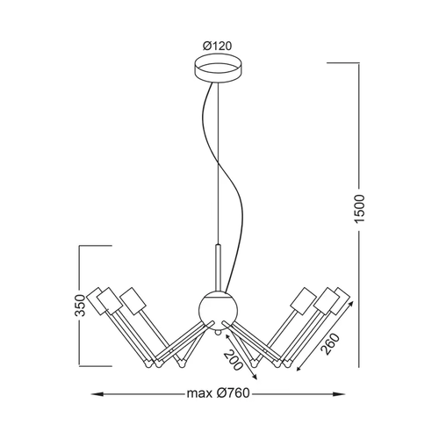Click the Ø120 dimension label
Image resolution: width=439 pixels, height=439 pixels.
tap(217, 46)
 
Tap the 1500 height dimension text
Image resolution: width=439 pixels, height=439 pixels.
tap(360, 209)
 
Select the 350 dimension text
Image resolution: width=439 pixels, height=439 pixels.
tap(80, 306)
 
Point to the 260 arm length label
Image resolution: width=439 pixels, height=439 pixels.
tap(331, 344)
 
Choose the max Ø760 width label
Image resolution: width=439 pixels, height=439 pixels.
tap(219, 393)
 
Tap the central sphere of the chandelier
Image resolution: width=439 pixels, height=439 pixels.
tap(218, 310)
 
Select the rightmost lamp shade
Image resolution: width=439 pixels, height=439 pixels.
tap(342, 301)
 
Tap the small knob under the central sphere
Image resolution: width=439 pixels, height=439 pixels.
tap(217, 333)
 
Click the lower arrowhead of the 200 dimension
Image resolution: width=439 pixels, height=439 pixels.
tap(254, 377)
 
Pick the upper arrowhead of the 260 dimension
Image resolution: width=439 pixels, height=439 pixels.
tap(349, 305)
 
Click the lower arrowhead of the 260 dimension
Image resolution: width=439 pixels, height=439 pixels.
tap(299, 367)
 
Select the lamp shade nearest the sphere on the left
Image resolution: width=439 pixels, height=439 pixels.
tap(133, 301)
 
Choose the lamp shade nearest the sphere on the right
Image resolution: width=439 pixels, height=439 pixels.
tap(304, 301)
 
